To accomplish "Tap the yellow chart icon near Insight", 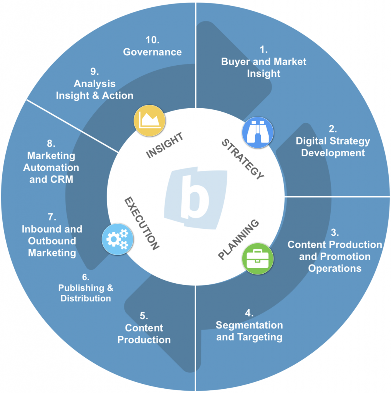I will (149, 121).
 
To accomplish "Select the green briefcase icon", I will (258, 258).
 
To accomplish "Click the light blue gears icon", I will (118, 239).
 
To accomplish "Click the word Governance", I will (152, 52).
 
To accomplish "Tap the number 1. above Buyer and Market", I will (263, 50).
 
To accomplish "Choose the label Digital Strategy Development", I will (333, 147).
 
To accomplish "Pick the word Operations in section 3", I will (335, 268).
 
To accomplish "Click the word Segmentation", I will (249, 325).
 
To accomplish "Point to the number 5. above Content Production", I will (144, 316).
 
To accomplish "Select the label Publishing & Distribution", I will (86, 293).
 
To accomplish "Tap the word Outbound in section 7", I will (52, 241).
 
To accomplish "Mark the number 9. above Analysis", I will (94, 72).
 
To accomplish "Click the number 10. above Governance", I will (152, 40).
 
